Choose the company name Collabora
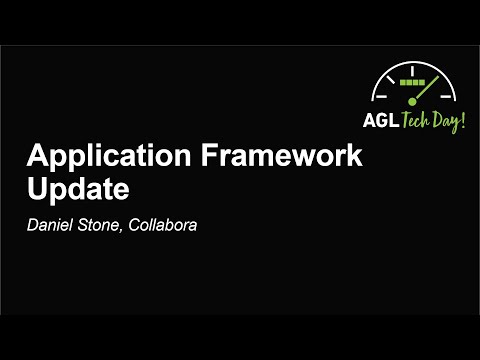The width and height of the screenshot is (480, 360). [165, 224]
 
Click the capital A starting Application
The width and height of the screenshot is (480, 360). [36, 158]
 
